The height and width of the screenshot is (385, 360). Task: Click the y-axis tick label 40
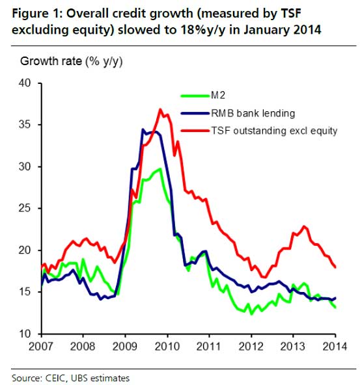pos(24,83)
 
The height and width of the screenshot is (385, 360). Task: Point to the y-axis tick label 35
pos(24,125)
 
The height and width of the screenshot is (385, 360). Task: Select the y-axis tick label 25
pos(24,209)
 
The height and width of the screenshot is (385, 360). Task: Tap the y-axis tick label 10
pos(24,334)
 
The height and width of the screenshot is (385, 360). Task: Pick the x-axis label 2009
pos(125,346)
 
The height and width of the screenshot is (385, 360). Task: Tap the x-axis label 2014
pos(334,346)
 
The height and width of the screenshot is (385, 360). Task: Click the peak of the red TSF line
pos(160,109)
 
